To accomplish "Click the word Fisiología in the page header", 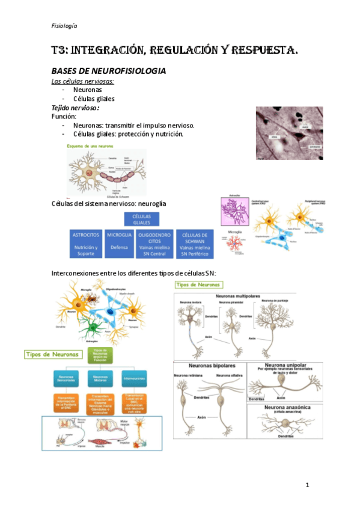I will pyautogui.click(x=64, y=26).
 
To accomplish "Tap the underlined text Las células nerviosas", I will pyautogui.click(x=82, y=81).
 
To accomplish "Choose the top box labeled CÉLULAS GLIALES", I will pyautogui.click(x=141, y=218).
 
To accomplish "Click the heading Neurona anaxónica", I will pyautogui.click(x=287, y=408).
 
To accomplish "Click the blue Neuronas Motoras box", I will pyautogui.click(x=100, y=379).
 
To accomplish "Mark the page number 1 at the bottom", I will pyautogui.click(x=307, y=484).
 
